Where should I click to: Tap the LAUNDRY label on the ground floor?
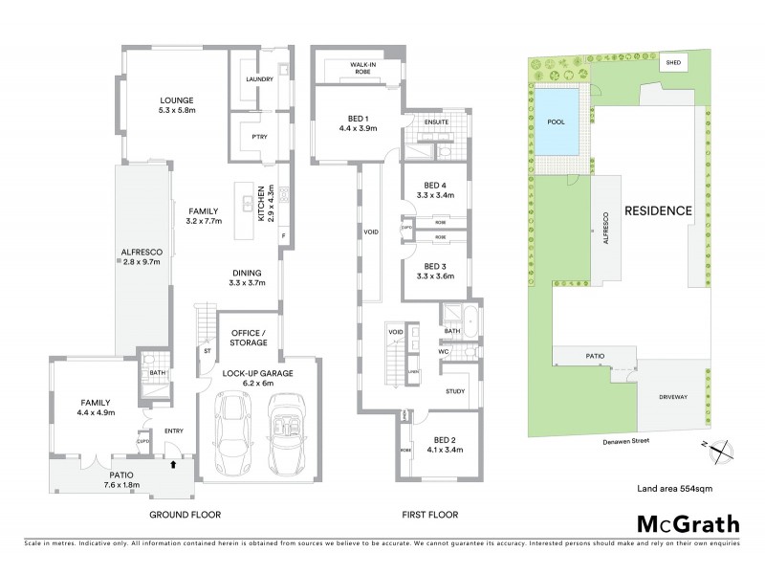260,78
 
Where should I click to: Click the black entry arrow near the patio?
172,465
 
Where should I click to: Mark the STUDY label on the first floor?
455,391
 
